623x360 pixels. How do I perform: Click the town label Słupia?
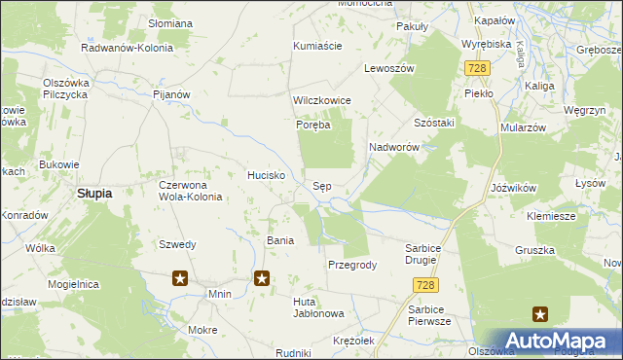[94, 194]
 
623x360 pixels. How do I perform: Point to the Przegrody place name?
[352, 265]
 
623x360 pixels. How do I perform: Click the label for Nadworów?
[393, 147]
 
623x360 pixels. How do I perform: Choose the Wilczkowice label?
[321, 101]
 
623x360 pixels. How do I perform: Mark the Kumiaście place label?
[317, 46]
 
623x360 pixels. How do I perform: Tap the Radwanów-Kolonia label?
[128, 47]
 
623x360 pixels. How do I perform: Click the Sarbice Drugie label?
[430, 254]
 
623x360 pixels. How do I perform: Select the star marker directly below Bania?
[262, 279]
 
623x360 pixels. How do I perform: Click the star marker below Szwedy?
[180, 279]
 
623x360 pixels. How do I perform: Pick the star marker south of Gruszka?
[540, 313]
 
